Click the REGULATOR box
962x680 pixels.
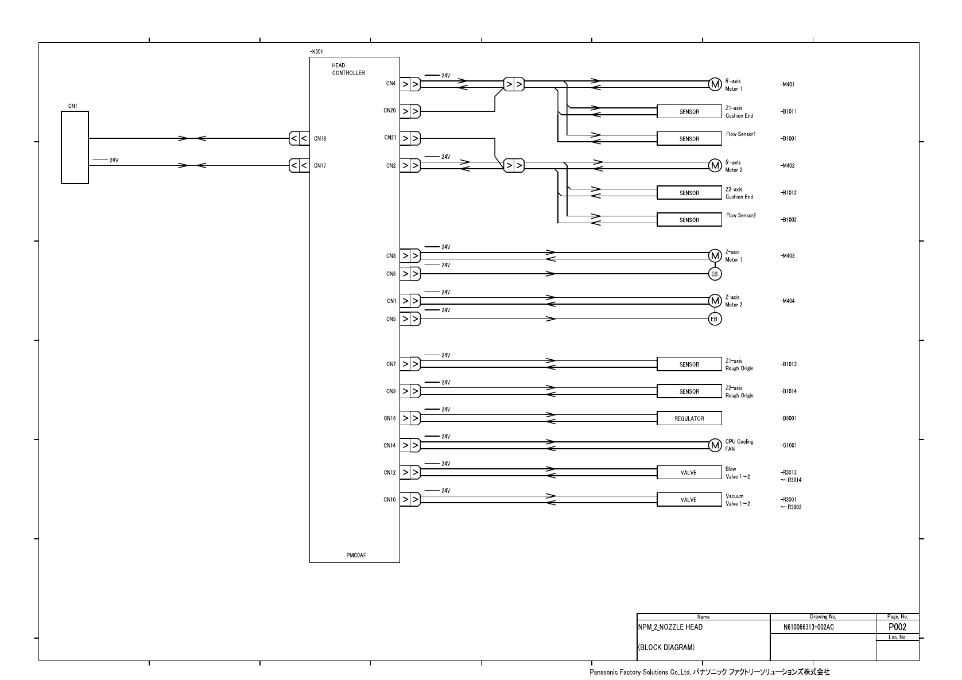689,418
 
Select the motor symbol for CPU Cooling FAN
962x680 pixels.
715,445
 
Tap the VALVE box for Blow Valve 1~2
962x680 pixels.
689,472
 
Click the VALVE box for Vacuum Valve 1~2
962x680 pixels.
689,499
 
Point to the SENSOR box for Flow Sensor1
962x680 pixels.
689,138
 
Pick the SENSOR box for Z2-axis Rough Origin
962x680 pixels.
689,391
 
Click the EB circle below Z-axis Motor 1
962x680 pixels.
715,274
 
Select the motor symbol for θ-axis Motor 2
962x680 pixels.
715,165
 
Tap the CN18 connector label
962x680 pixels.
320,138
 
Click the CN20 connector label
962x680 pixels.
390,111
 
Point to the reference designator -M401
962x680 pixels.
788,84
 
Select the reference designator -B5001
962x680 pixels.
789,418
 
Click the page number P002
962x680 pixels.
897,627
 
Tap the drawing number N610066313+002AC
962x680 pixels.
808,627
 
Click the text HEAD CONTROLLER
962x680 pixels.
348,69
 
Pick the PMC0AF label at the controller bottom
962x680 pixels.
356,555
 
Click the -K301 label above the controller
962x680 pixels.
316,52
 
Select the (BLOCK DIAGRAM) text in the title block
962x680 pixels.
666,647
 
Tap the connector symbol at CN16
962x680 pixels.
410,418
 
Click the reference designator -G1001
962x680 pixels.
788,445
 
